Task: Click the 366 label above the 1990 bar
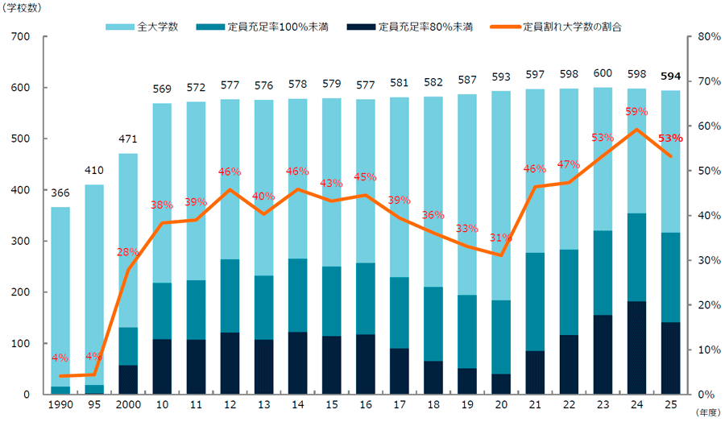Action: [x=60, y=194]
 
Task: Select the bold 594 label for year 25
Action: [x=670, y=77]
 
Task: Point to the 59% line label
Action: [x=636, y=112]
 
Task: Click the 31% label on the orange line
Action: [x=500, y=238]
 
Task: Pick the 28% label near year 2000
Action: [x=127, y=252]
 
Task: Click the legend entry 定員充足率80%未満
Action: [x=415, y=27]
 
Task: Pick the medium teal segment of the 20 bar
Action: [x=500, y=337]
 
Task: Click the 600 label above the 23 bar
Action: [x=602, y=73]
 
